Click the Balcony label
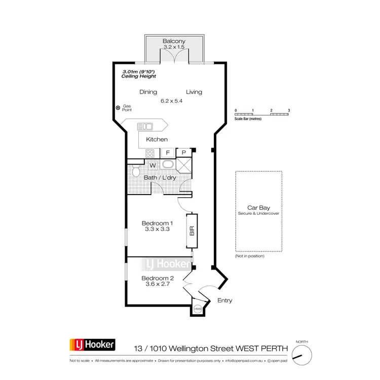174,41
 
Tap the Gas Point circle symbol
118,107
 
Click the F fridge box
167,153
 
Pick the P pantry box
184,153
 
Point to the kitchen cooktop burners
150,153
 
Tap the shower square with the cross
184,166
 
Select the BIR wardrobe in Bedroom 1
192,231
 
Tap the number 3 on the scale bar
288,110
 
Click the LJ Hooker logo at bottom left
93,346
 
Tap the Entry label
224,300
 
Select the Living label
194,92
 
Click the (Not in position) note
250,256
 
